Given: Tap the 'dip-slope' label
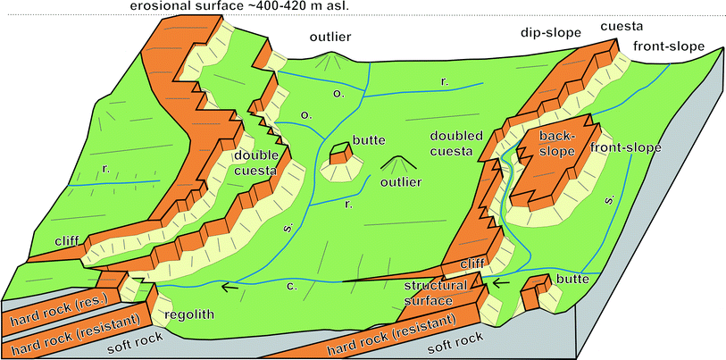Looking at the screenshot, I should (551, 32).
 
